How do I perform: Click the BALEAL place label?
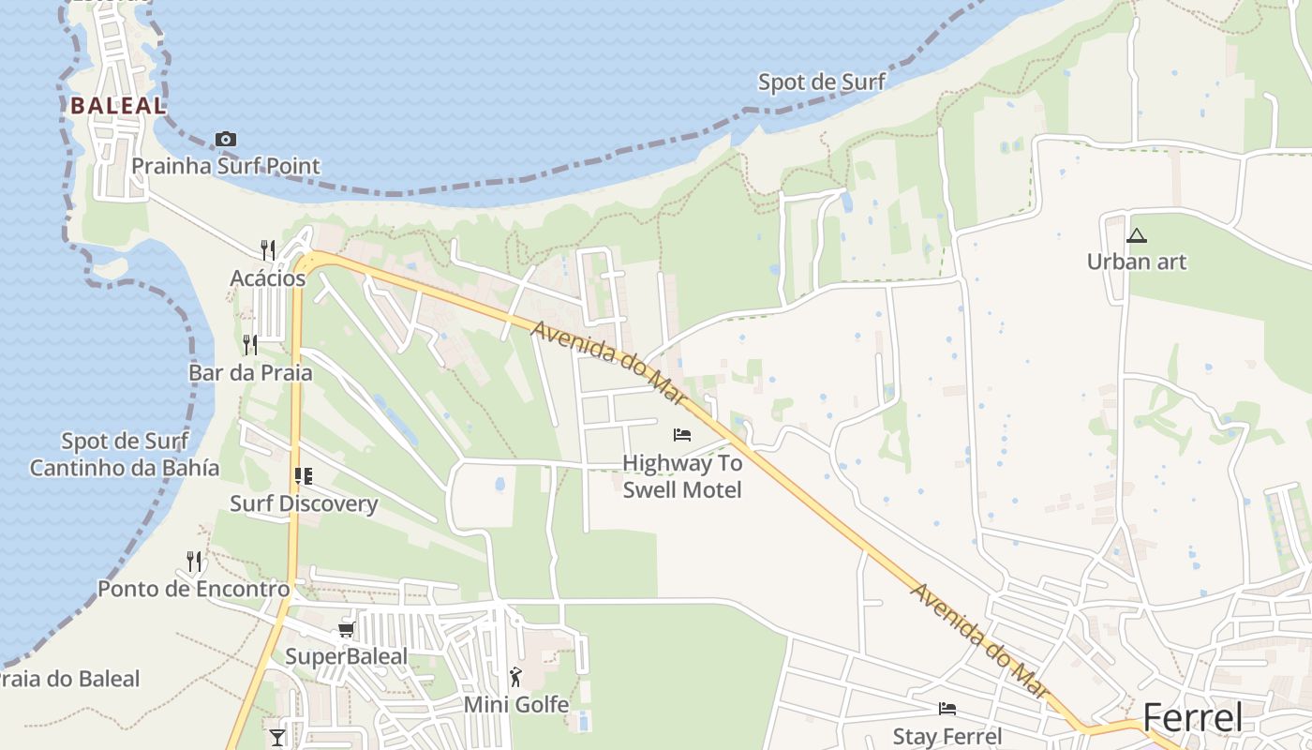pyautogui.click(x=118, y=105)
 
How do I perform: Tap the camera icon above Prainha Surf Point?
pyautogui.click(x=226, y=140)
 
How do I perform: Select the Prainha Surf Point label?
pyautogui.click(x=226, y=166)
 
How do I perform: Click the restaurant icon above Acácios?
pyautogui.click(x=268, y=249)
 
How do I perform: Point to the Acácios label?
pyautogui.click(x=268, y=278)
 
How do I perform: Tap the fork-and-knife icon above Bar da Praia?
pyautogui.click(x=250, y=344)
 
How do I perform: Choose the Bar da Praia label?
pyautogui.click(x=250, y=372)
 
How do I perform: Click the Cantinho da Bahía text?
pyautogui.click(x=125, y=468)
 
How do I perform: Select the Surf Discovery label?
pyautogui.click(x=304, y=503)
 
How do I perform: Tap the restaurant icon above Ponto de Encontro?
pyautogui.click(x=194, y=561)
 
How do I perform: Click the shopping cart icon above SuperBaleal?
pyautogui.click(x=347, y=629)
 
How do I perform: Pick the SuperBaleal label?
pyautogui.click(x=347, y=656)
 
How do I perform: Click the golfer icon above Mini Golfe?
pyautogui.click(x=515, y=676)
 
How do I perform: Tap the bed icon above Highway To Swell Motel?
pyautogui.click(x=682, y=435)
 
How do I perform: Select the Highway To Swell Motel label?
pyautogui.click(x=682, y=476)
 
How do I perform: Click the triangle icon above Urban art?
pyautogui.click(x=1137, y=235)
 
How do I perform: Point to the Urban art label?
pyautogui.click(x=1137, y=262)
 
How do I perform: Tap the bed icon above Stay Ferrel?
pyautogui.click(x=947, y=709)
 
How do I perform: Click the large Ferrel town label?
pyautogui.click(x=1193, y=718)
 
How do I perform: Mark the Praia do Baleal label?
pyautogui.click(x=70, y=679)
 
